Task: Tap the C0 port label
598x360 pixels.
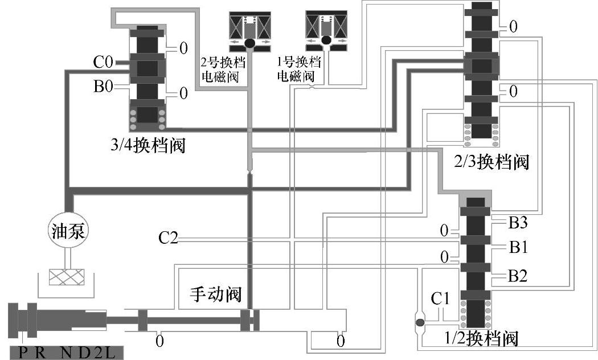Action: click(105, 59)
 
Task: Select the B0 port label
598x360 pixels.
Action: click(105, 87)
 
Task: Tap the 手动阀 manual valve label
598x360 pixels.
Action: click(215, 294)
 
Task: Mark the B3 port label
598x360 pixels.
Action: click(518, 222)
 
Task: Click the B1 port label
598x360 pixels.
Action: click(518, 247)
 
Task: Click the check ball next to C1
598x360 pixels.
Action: click(420, 324)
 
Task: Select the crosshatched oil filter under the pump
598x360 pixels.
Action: click(68, 277)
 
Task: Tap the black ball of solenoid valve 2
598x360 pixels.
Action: click(249, 43)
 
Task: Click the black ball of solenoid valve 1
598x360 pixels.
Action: click(326, 40)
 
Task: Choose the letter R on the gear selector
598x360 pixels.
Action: click(39, 353)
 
